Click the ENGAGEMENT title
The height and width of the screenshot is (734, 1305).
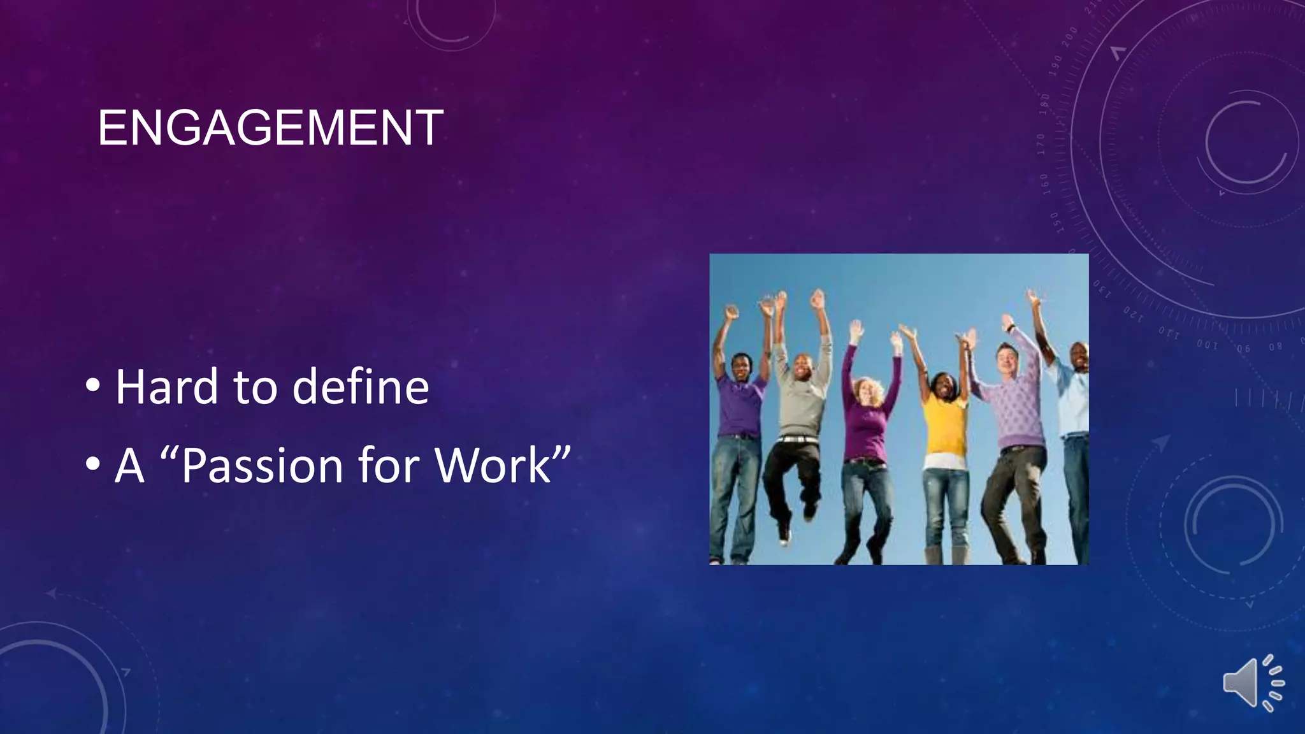point(270,128)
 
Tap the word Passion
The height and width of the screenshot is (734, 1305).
point(263,466)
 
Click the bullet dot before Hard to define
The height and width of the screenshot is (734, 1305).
point(93,385)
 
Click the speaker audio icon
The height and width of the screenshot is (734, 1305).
point(1251,683)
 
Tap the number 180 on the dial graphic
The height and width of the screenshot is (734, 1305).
point(1044,103)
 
